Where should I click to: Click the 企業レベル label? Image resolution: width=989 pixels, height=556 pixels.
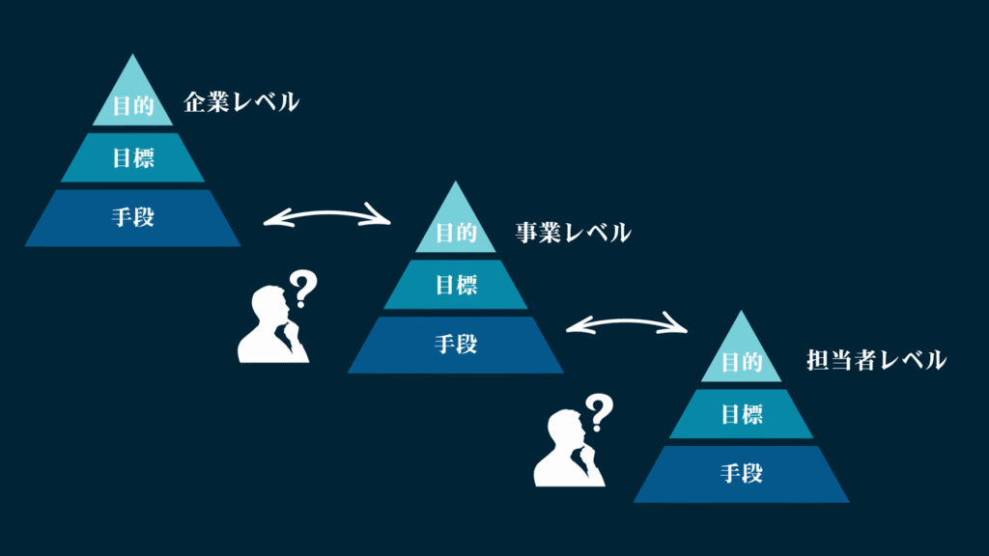pos(240,102)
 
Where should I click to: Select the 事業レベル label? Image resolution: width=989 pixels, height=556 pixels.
pos(573,233)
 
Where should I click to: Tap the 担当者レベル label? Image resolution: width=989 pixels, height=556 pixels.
pos(876,360)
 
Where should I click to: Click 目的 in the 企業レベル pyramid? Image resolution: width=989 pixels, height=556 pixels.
pos(133,105)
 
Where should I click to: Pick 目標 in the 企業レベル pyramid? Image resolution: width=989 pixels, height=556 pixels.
pos(133,157)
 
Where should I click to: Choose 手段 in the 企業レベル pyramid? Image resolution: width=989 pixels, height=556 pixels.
pos(133,217)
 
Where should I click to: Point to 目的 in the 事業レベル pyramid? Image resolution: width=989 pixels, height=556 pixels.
pos(456,233)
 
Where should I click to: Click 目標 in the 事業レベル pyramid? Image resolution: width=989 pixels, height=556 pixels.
pos(456,285)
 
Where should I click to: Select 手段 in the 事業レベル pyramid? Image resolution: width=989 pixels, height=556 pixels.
pos(456,345)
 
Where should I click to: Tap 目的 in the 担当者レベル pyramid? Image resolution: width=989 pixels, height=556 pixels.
pos(742,362)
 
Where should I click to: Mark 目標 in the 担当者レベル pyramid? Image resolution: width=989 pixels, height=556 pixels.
pos(742,414)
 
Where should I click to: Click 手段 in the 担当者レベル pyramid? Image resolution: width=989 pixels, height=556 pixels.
pos(742,473)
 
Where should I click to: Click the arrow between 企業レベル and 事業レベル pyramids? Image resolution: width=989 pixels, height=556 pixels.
pos(326,213)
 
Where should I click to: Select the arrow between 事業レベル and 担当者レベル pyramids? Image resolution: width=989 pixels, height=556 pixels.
pos(626,321)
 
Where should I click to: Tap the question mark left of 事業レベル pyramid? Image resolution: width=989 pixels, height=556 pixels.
pos(303,289)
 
